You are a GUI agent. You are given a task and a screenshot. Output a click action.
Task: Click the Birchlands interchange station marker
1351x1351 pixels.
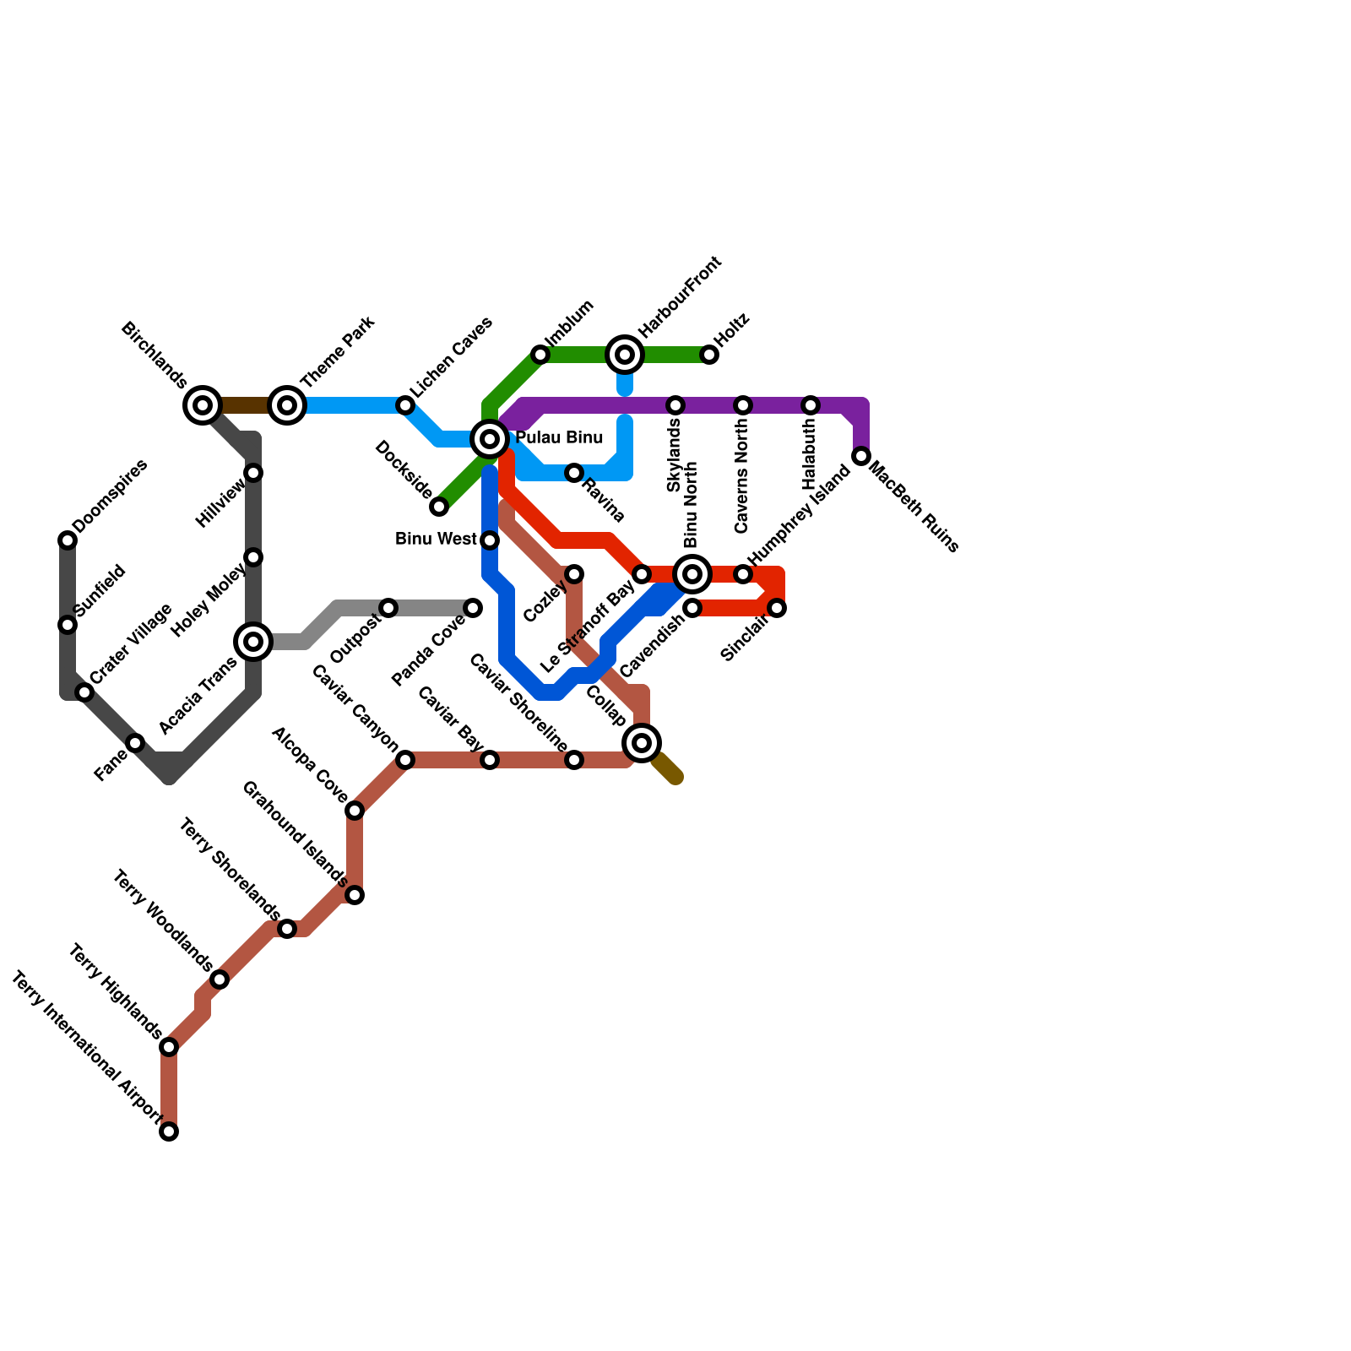[x=203, y=405]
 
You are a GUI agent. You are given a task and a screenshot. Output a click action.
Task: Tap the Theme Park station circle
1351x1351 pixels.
[x=287, y=405]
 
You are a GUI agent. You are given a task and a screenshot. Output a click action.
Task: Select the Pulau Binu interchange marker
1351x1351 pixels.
[x=490, y=439]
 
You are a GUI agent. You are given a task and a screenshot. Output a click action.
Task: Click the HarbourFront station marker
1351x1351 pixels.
[x=625, y=355]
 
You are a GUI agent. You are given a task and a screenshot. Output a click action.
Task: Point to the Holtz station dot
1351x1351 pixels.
[x=709, y=355]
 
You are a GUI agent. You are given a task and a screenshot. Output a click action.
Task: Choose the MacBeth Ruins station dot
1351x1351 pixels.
[x=861, y=456]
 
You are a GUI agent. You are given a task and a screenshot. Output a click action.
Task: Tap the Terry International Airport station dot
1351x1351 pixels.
[x=169, y=1131]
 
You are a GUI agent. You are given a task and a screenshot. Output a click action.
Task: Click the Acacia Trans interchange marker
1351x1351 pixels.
[x=253, y=642]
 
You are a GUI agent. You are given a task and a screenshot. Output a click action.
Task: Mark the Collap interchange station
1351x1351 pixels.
[x=642, y=743]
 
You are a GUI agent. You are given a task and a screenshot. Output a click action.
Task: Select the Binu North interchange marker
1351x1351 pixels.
[x=692, y=574]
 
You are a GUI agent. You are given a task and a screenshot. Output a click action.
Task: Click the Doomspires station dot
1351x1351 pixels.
[x=68, y=540]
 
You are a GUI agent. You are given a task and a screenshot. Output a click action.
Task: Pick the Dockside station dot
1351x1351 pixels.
[x=439, y=507]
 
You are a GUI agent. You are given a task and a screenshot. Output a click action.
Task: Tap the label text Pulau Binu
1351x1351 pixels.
[x=559, y=437]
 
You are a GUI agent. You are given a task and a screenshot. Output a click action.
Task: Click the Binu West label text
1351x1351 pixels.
[x=436, y=539]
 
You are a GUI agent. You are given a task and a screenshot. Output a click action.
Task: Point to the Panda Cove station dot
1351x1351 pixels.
[x=473, y=608]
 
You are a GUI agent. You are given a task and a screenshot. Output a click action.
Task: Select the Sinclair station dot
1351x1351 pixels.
[x=777, y=608]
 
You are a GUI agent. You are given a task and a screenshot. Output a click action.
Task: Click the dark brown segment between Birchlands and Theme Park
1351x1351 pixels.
[x=245, y=405]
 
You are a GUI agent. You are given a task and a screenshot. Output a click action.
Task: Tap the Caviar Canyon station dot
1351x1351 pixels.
[x=405, y=760]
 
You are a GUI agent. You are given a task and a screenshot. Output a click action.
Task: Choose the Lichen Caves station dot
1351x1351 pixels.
[x=405, y=405]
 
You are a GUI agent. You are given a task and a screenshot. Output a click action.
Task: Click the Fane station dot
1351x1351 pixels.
[x=135, y=743]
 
